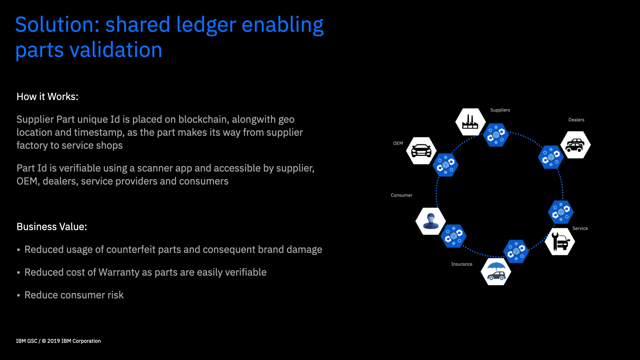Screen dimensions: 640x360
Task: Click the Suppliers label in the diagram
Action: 500,110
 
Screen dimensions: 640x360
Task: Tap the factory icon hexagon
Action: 470,122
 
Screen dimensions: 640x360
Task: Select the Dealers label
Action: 576,120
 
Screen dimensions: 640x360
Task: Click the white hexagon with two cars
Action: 575,145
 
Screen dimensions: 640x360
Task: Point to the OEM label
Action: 398,143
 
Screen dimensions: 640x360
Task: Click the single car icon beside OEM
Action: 421,151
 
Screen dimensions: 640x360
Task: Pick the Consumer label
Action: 401,195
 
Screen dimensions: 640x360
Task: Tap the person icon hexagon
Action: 431,221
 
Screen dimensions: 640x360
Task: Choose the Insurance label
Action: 462,264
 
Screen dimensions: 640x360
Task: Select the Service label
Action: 580,229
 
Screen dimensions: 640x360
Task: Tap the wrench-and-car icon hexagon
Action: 560,242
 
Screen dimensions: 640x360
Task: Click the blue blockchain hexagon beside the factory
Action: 496,135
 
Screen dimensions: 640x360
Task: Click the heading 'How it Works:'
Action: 47,97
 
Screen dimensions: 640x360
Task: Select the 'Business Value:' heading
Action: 52,227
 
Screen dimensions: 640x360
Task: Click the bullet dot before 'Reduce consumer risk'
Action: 19,295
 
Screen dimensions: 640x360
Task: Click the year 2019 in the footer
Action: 53,341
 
